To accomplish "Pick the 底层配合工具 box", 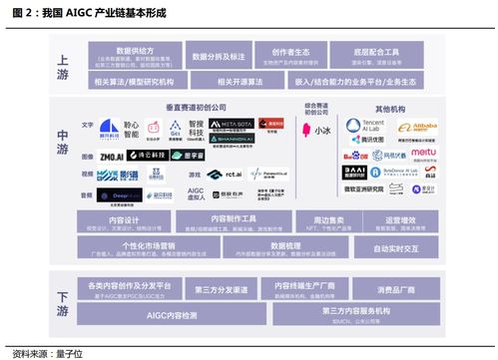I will [376, 54].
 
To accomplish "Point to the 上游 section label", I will [63, 61].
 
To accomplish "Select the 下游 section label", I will [63, 296].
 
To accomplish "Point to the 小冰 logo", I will [319, 130].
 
